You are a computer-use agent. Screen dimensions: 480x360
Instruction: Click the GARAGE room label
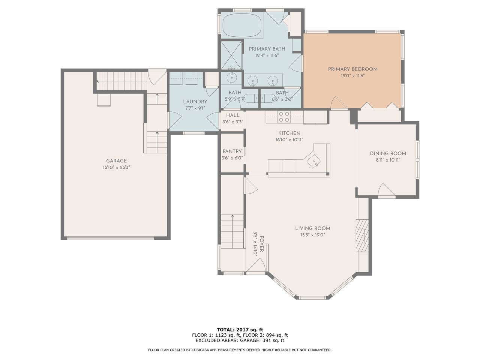(116, 161)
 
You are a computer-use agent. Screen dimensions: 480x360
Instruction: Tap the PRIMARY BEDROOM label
(353, 69)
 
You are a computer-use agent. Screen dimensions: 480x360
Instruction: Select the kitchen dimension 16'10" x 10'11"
(289, 140)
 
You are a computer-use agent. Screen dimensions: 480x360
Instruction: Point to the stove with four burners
(284, 117)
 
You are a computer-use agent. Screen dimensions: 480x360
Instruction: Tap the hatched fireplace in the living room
(362, 235)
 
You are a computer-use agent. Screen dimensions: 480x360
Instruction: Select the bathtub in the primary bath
(242, 26)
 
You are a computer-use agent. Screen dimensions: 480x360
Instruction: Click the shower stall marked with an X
(231, 55)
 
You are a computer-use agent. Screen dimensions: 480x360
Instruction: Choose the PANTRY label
(232, 151)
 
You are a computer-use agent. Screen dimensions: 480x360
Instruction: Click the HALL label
(232, 115)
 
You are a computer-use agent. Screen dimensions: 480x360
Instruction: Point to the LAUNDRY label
(195, 102)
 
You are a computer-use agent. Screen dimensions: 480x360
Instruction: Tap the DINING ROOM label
(388, 154)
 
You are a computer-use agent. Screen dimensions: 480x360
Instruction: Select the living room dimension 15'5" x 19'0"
(313, 235)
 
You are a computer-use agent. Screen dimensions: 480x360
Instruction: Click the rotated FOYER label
(262, 244)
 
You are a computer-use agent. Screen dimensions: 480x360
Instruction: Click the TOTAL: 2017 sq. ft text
(240, 330)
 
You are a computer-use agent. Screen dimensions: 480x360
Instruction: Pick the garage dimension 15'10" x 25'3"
(116, 168)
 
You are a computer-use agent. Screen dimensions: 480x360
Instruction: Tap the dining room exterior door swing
(387, 190)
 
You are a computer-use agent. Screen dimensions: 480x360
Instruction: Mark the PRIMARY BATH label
(267, 49)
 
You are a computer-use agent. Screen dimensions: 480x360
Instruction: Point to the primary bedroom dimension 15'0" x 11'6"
(353, 76)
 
